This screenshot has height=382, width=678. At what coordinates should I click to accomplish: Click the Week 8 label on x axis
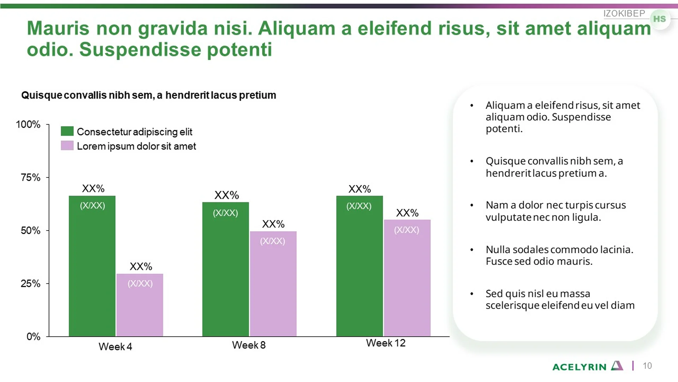coord(249,345)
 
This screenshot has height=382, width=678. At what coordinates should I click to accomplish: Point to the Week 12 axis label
coord(386,343)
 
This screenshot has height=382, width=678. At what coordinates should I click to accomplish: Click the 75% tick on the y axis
coord(31,178)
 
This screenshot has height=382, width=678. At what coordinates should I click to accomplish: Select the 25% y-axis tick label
coord(31,284)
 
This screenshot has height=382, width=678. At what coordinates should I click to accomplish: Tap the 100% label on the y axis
coord(28,125)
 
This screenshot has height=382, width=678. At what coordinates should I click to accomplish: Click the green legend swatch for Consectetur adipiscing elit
coord(67,131)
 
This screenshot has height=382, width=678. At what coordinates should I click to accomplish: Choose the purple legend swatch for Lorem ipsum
coord(67,146)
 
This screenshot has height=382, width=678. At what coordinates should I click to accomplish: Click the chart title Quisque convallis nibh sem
coord(149,95)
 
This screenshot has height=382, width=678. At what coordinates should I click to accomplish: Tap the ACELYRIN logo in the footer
coord(588,366)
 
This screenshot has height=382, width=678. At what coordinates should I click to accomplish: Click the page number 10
coord(647,366)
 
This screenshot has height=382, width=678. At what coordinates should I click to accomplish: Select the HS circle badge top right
coord(659,19)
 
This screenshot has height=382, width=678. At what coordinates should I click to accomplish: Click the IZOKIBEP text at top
coord(624,13)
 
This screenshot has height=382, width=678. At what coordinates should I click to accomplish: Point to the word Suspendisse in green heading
coord(140,50)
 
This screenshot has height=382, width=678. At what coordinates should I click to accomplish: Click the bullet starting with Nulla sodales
coord(559,255)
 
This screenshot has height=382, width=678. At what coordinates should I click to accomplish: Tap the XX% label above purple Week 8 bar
coord(273,224)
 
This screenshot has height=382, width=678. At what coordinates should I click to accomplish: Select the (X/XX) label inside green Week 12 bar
coord(359,206)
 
